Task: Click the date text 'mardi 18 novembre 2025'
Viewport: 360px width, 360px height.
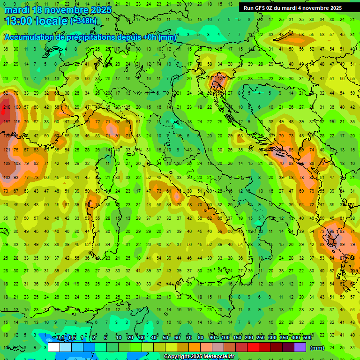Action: pyautogui.click(x=58, y=9)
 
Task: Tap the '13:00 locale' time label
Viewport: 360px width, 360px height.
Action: pyautogui.click(x=37, y=21)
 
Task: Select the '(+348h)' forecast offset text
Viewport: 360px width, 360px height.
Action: pyautogui.click(x=84, y=21)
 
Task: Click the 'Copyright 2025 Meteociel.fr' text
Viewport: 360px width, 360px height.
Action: pyautogui.click(x=199, y=357)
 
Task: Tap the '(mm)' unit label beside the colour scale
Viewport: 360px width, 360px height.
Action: pyautogui.click(x=317, y=348)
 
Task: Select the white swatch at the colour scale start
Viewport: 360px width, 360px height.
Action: pyautogui.click(x=54, y=347)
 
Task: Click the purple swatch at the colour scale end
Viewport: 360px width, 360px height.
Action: pyautogui.click(x=300, y=347)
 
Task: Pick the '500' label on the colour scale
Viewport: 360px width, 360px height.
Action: pyautogui.click(x=307, y=338)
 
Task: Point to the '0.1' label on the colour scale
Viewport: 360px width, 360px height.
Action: pyautogui.click(x=60, y=338)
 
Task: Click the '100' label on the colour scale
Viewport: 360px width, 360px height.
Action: pyautogui.click(x=225, y=338)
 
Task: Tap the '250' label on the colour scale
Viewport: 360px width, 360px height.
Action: pyautogui.click(x=260, y=338)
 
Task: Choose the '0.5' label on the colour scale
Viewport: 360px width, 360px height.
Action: pyautogui.click(x=72, y=338)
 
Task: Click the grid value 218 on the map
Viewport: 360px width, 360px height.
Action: pyautogui.click(x=6, y=107)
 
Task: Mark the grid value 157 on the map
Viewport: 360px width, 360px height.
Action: pyautogui.click(x=6, y=122)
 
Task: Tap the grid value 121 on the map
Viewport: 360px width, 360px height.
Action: pyautogui.click(x=6, y=150)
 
